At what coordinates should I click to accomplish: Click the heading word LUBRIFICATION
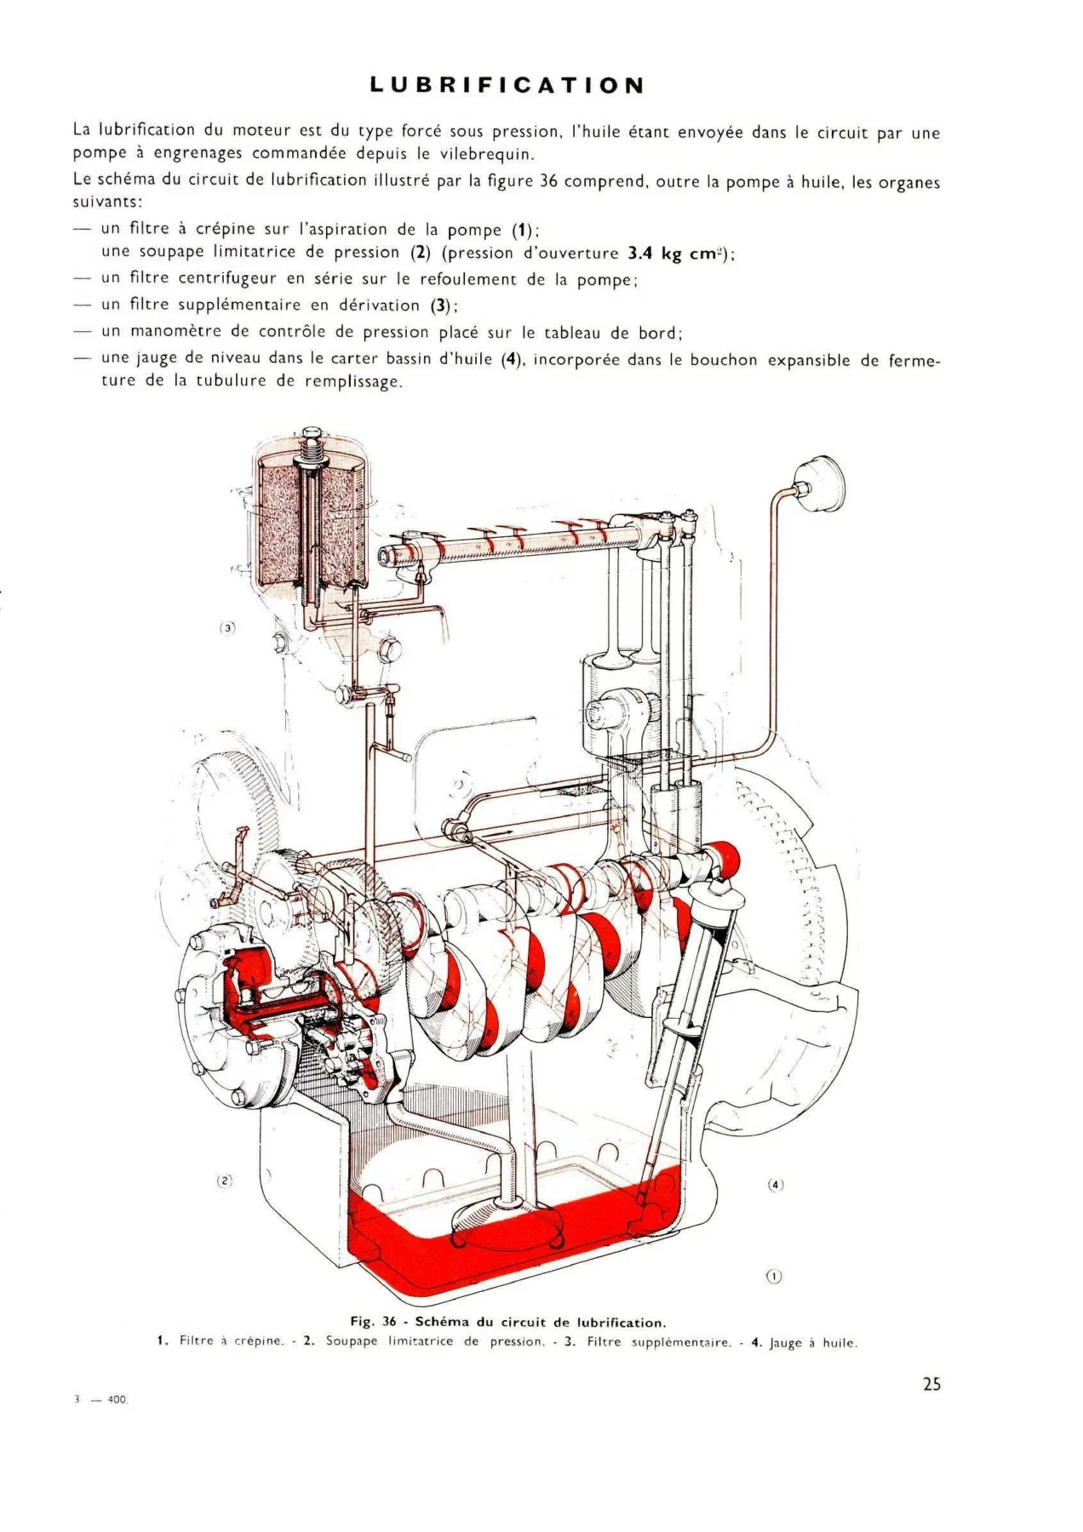tap(507, 85)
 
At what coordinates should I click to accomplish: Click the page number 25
tap(931, 1384)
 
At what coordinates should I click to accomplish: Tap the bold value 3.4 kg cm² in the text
tap(678, 254)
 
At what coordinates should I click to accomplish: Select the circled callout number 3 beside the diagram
tap(226, 628)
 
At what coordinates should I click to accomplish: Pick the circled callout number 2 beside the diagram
tap(224, 1180)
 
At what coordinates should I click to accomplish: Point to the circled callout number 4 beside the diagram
tap(775, 1185)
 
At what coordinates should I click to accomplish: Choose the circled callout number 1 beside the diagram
tap(773, 1276)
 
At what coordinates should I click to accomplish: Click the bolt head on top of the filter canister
tap(312, 434)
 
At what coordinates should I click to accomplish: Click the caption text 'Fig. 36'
tap(374, 1321)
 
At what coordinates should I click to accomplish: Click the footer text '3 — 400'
tap(100, 1399)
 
